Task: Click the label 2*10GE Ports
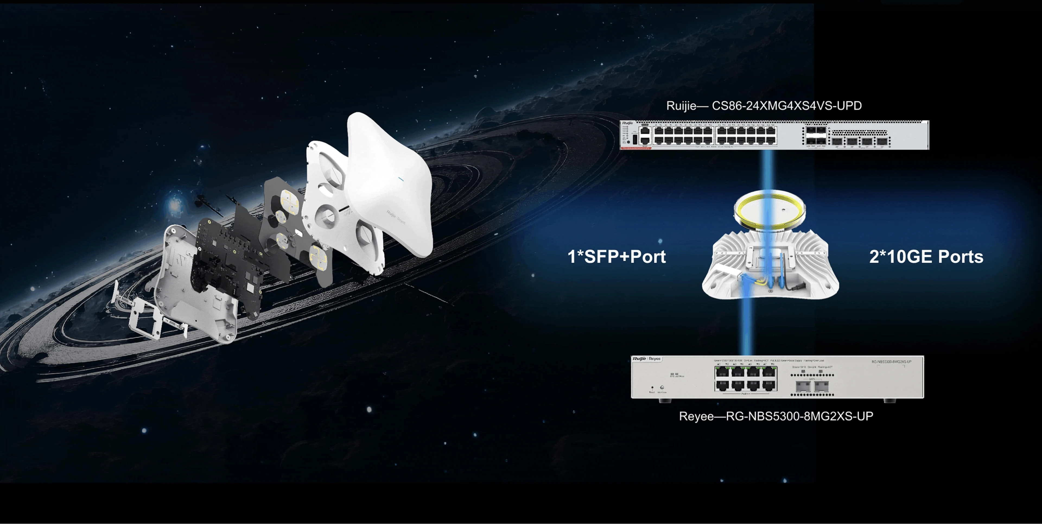click(x=926, y=256)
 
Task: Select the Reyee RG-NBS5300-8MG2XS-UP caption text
click(x=776, y=416)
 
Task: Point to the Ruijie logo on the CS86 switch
click(x=628, y=123)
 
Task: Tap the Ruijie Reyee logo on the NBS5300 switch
click(x=646, y=359)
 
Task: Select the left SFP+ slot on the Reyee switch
click(x=803, y=386)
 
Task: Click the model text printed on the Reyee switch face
click(x=891, y=362)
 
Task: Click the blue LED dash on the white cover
click(x=401, y=179)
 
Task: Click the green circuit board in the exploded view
click(x=227, y=263)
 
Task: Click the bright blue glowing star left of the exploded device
click(x=175, y=204)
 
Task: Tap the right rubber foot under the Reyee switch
click(x=889, y=401)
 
